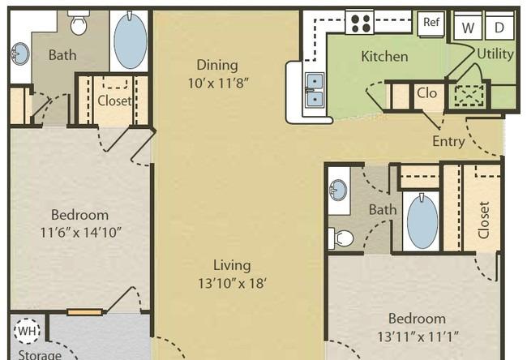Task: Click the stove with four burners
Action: [359, 22]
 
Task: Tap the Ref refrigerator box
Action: [431, 23]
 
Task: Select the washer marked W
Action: [468, 26]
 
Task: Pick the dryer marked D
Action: [499, 26]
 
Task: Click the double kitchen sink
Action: [315, 90]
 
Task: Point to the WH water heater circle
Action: [28, 331]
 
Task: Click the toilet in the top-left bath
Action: [79, 23]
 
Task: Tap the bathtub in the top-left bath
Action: [130, 41]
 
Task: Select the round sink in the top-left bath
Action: [19, 54]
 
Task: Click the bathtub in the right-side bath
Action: [422, 221]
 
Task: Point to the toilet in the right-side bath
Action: [341, 238]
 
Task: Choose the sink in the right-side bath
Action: [338, 190]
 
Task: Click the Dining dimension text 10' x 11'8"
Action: [218, 83]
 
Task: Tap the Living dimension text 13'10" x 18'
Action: [232, 283]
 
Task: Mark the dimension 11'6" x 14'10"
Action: [80, 232]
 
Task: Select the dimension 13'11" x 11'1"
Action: [418, 336]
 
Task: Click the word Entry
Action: [448, 141]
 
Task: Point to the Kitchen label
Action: [384, 56]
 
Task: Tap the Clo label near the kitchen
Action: [426, 93]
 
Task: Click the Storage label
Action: [40, 355]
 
